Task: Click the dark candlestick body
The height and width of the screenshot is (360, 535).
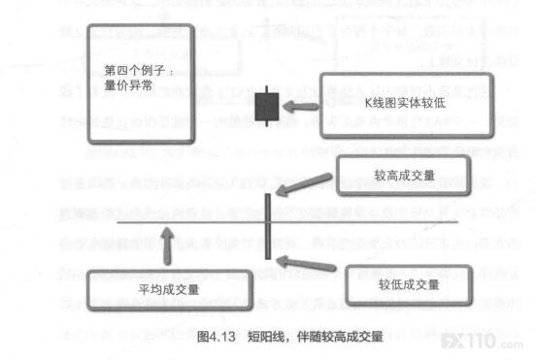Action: coord(267,107)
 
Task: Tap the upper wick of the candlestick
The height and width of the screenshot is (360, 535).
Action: coord(266,89)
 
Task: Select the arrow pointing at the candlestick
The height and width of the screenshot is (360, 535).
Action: coord(301,107)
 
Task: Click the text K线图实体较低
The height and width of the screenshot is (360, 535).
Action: coord(405,103)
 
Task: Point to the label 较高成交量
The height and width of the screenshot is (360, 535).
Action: coord(405,176)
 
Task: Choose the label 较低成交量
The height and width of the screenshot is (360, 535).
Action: coord(409,284)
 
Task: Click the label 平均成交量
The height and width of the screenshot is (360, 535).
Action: coord(169,289)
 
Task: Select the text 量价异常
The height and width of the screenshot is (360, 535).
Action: coord(128,85)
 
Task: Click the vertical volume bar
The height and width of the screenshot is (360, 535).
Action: coord(268,226)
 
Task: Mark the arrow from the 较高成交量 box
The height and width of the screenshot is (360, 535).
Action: coord(304,184)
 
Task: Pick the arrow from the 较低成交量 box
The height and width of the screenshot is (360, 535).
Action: coord(306,264)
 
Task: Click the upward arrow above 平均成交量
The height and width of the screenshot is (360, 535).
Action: coord(167,245)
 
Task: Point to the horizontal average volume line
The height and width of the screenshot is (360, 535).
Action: coord(287,222)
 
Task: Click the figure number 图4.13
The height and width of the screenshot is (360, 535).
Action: coord(217,337)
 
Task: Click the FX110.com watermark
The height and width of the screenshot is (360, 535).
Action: coord(483,342)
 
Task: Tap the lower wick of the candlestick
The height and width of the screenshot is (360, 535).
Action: coord(266,123)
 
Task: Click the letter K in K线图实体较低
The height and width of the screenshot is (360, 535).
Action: coord(369,103)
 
